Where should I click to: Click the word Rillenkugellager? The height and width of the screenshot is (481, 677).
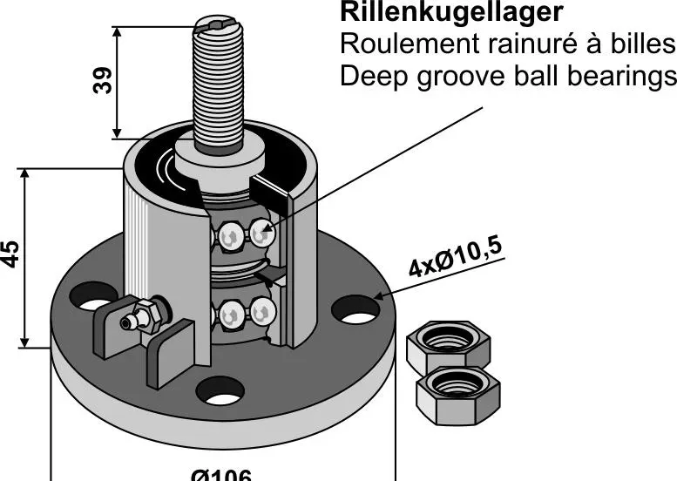(x=450, y=12)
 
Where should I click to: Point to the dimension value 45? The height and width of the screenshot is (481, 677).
(x=10, y=254)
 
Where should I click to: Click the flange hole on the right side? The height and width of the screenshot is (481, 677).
(x=355, y=310)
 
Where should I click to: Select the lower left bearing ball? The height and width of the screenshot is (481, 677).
(x=231, y=315)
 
